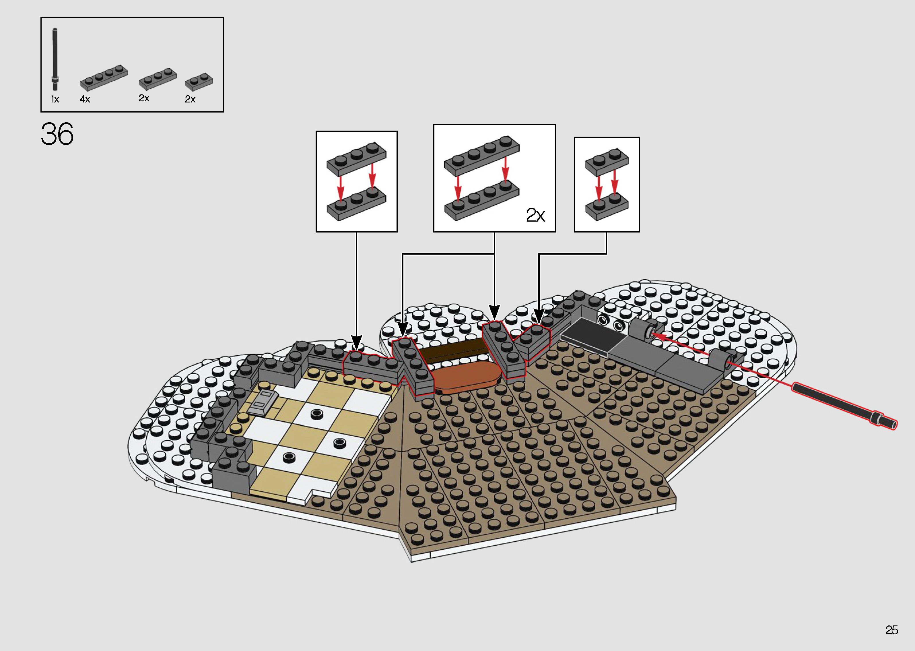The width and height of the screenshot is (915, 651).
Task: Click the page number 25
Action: click(x=891, y=630)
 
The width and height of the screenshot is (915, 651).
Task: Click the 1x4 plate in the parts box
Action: click(x=104, y=78)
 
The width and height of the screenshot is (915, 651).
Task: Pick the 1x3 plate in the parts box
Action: click(x=158, y=79)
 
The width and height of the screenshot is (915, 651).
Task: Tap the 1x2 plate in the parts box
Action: click(x=199, y=82)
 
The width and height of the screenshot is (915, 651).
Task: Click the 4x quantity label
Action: click(x=85, y=99)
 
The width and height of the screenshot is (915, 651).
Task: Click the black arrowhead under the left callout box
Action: click(x=356, y=342)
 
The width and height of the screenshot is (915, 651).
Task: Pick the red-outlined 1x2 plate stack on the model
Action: click(x=533, y=342)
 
